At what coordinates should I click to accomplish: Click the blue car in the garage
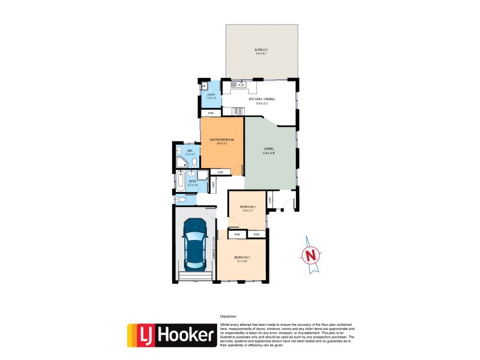pyautogui.click(x=195, y=244)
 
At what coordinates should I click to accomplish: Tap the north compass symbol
pyautogui.click(x=311, y=256)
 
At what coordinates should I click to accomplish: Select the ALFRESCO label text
pyautogui.click(x=261, y=50)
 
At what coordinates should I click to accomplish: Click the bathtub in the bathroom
pyautogui.click(x=181, y=181)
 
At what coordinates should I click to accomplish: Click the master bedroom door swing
pyautogui.click(x=239, y=169)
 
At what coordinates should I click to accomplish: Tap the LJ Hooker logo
pyautogui.click(x=172, y=335)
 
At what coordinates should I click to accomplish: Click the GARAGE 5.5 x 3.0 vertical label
pyautogui.click(x=214, y=250)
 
